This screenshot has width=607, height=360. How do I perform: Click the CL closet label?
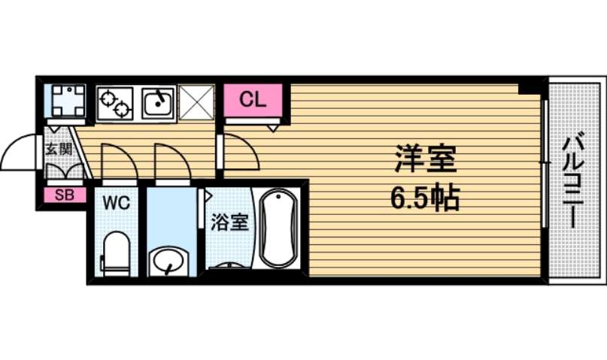(253, 100)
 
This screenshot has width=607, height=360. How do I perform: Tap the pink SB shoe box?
(65, 195)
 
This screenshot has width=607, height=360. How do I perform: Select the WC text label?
(117, 202)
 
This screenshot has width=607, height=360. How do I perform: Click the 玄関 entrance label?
(59, 149)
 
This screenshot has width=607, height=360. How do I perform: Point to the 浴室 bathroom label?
(229, 222)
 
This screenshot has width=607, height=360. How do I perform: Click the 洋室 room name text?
(425, 159)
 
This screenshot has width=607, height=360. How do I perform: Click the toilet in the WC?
(115, 254)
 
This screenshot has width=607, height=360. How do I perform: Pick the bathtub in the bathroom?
(278, 228)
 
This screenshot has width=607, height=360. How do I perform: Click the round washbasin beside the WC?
(168, 260)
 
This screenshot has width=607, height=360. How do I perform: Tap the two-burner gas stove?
(115, 103)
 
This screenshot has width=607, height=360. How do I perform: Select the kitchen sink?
(158, 103)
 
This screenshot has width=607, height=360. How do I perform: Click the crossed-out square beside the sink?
(196, 102)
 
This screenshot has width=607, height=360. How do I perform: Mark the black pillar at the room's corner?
(530, 86)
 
